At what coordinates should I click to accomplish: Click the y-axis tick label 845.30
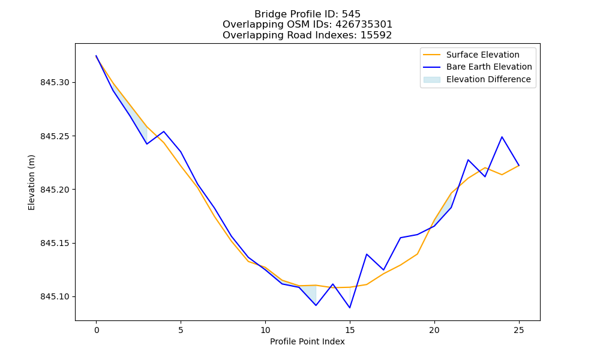[55, 83]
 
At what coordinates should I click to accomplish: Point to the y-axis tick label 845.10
[55, 297]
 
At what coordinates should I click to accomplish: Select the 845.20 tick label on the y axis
[55, 190]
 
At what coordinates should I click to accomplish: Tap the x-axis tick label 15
[350, 330]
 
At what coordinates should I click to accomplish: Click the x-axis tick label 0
[97, 330]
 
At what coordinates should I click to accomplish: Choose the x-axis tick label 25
[519, 330]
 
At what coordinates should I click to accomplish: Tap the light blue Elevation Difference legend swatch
[431, 80]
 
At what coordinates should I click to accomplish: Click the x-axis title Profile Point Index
[307, 341]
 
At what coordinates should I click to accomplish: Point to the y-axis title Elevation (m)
[31, 182]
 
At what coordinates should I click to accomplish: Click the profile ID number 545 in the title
[351, 14]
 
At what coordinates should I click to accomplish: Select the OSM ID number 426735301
[364, 25]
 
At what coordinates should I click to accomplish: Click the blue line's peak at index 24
[502, 137]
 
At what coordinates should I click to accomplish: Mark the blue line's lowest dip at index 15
[350, 308]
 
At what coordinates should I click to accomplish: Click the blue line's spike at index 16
[367, 254]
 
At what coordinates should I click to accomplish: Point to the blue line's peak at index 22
[468, 160]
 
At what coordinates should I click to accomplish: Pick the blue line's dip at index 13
[316, 305]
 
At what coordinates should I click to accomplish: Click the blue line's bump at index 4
[164, 131]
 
